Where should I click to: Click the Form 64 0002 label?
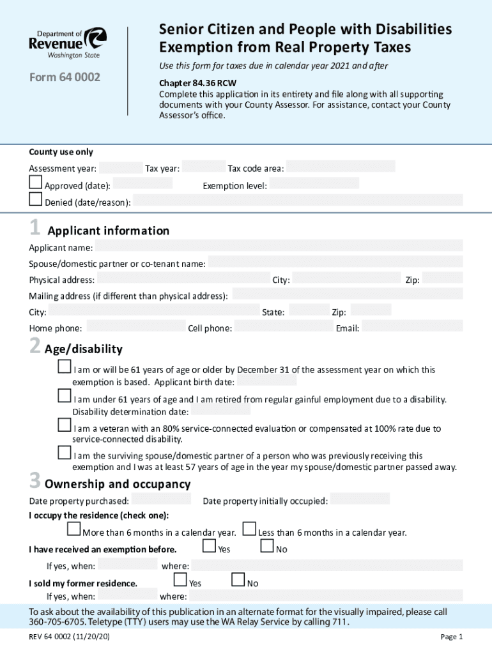coord(65,78)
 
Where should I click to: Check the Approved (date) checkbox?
coord(36,183)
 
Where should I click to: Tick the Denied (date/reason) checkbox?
coord(36,200)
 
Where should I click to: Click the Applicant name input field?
coord(279,246)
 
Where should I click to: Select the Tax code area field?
coord(341,167)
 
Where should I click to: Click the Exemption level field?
coord(314,183)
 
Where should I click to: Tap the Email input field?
coord(412,326)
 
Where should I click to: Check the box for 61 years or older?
coord(65,367)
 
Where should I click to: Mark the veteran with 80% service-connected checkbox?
coord(65,425)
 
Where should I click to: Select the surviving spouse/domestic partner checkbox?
coord(65,453)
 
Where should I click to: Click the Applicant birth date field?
coord(267,381)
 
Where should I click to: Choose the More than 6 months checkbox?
coord(73,529)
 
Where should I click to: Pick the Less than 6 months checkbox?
coord(249,529)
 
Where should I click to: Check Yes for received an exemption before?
coord(209,546)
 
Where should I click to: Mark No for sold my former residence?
coord(238,580)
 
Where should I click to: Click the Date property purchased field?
coord(161,499)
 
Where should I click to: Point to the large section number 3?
coord(35,480)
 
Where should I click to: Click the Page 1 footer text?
coord(451,637)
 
